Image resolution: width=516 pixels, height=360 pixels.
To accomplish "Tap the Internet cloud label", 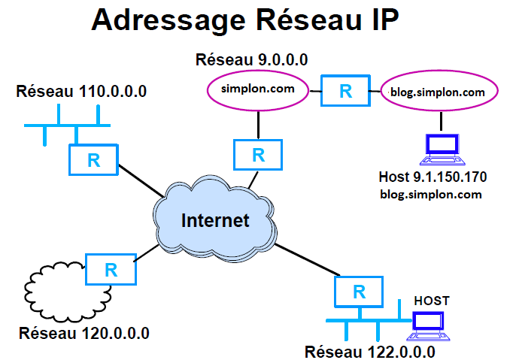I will tap(214, 221).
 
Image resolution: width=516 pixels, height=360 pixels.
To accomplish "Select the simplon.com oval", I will tap(257, 90).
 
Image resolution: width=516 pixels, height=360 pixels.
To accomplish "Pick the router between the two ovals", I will tap(345, 91).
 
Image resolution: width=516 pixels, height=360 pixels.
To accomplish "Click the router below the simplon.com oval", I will tap(258, 155).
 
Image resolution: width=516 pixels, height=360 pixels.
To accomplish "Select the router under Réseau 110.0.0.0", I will tap(93, 159).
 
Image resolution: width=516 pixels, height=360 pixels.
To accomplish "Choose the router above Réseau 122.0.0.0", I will tap(359, 292).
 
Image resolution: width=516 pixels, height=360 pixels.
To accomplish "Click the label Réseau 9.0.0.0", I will tap(251, 59).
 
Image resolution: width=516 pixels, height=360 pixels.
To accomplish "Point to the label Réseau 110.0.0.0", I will tap(81, 92).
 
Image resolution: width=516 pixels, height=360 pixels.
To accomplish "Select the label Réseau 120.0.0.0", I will tap(84, 332).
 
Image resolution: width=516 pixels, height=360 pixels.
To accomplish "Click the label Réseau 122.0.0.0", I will tap(370, 351).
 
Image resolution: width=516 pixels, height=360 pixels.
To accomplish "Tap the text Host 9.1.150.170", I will tap(433, 177).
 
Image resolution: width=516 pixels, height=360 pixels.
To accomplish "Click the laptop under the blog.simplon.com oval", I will tap(442, 149).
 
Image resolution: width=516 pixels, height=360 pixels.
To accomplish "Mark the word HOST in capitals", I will tap(432, 301).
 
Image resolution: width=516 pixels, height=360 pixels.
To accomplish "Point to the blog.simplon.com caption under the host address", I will tap(432, 194).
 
